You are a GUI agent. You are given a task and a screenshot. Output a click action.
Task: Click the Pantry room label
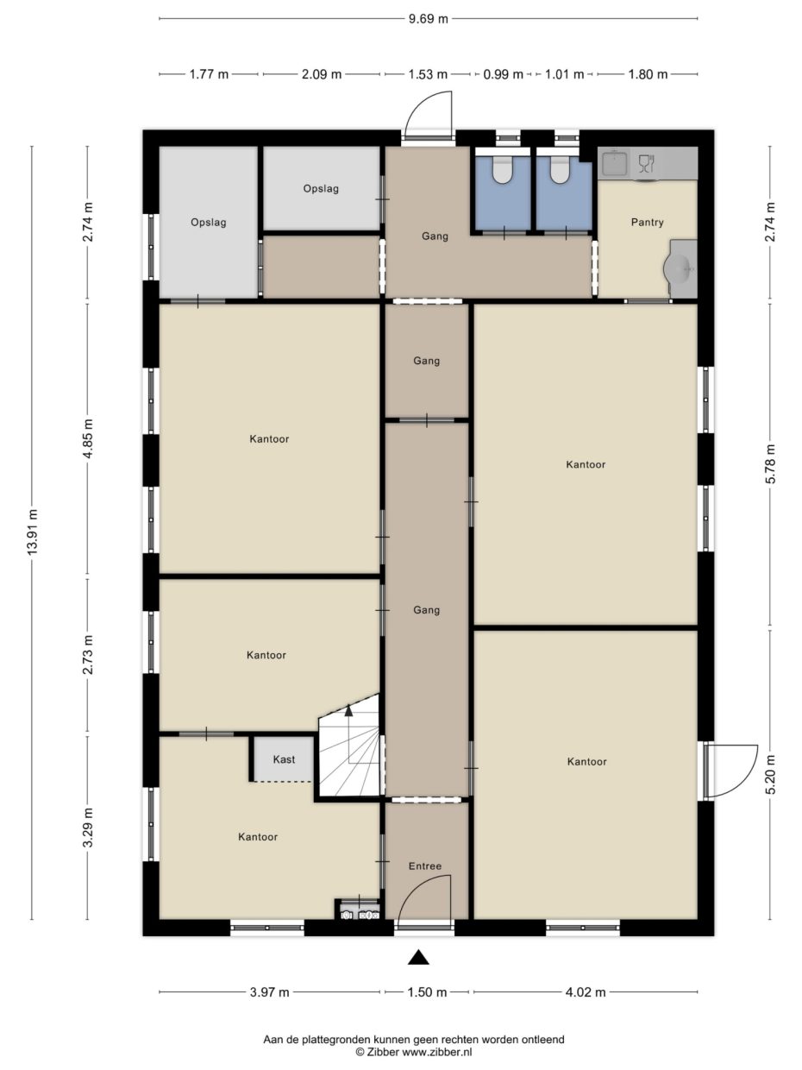[x=647, y=223]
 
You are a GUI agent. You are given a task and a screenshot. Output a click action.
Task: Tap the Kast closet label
[x=284, y=759]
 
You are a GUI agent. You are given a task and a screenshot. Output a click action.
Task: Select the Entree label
[x=426, y=866]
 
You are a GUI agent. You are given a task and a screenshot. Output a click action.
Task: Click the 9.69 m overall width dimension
[x=429, y=18]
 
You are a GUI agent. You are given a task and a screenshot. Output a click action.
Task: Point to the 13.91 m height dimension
[x=33, y=532]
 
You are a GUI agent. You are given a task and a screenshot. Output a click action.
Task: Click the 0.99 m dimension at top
[x=503, y=74]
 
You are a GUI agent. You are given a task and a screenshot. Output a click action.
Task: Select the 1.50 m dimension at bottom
[x=427, y=992]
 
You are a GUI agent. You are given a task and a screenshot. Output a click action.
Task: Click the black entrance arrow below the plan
[x=418, y=956]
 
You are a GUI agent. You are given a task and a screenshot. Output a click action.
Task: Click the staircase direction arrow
[x=348, y=711]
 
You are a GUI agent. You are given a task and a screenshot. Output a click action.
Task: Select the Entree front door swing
[x=427, y=897]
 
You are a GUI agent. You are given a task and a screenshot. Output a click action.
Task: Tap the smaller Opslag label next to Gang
[x=321, y=188]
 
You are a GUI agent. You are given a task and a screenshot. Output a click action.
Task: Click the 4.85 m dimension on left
[x=86, y=440]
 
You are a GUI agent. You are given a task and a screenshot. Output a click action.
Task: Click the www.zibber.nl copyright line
[x=413, y=1052]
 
